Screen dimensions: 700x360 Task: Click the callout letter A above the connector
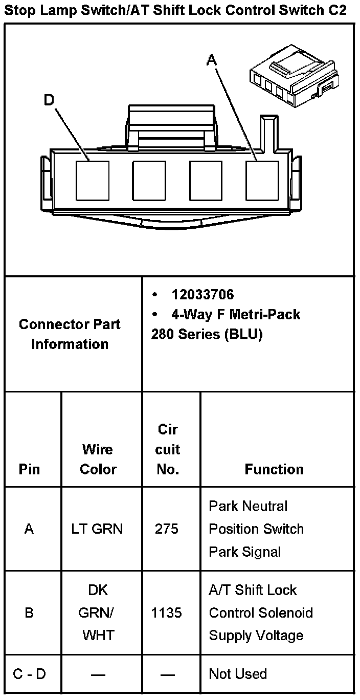(212, 60)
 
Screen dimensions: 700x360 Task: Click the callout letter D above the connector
(49, 100)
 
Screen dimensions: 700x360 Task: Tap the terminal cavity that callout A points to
(262, 181)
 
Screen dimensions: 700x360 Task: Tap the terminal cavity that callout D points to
(93, 181)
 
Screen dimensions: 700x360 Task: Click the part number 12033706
(202, 295)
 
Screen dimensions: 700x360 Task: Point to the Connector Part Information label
(70, 334)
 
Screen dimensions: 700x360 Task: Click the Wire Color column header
(98, 459)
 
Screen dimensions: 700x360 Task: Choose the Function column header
(274, 469)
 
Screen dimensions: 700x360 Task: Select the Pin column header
(29, 469)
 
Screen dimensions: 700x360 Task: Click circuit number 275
(167, 529)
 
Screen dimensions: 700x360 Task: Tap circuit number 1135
(167, 612)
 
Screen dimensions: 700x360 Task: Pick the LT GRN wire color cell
(97, 529)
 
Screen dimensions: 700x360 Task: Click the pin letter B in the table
(29, 612)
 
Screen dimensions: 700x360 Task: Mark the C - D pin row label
(29, 674)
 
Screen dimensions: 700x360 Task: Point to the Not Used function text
(238, 674)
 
